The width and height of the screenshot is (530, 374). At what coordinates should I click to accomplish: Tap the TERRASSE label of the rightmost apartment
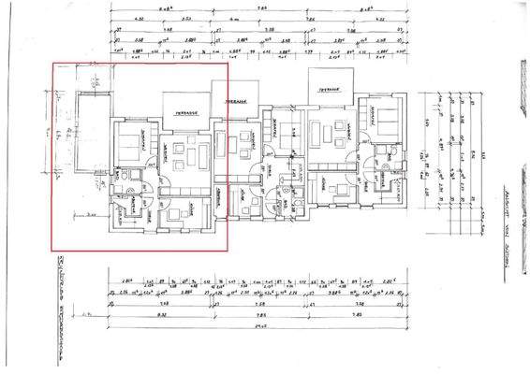pyautogui.click(x=327, y=90)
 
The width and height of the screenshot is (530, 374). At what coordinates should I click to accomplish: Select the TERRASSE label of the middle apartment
pyautogui.click(x=234, y=102)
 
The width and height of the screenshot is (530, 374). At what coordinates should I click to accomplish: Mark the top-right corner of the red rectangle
pyautogui.click(x=228, y=63)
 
